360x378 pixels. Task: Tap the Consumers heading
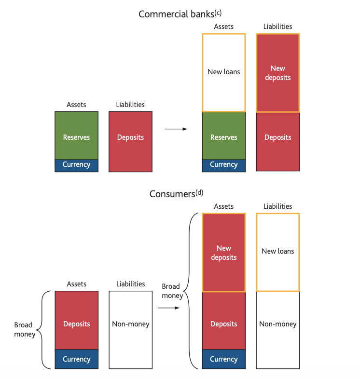[172, 194]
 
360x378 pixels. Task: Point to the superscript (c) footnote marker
[218, 12]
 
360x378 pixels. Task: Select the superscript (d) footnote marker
[199, 191]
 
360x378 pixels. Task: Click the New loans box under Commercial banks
[224, 72]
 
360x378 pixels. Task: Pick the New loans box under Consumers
[278, 252]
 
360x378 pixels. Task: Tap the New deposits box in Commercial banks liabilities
[278, 73]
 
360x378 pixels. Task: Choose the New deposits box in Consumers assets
[224, 253]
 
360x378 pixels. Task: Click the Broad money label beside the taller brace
[172, 291]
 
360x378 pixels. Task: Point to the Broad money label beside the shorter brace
[25, 329]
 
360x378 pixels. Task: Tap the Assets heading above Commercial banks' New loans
[224, 27]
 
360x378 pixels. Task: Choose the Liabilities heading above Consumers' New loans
[278, 206]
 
